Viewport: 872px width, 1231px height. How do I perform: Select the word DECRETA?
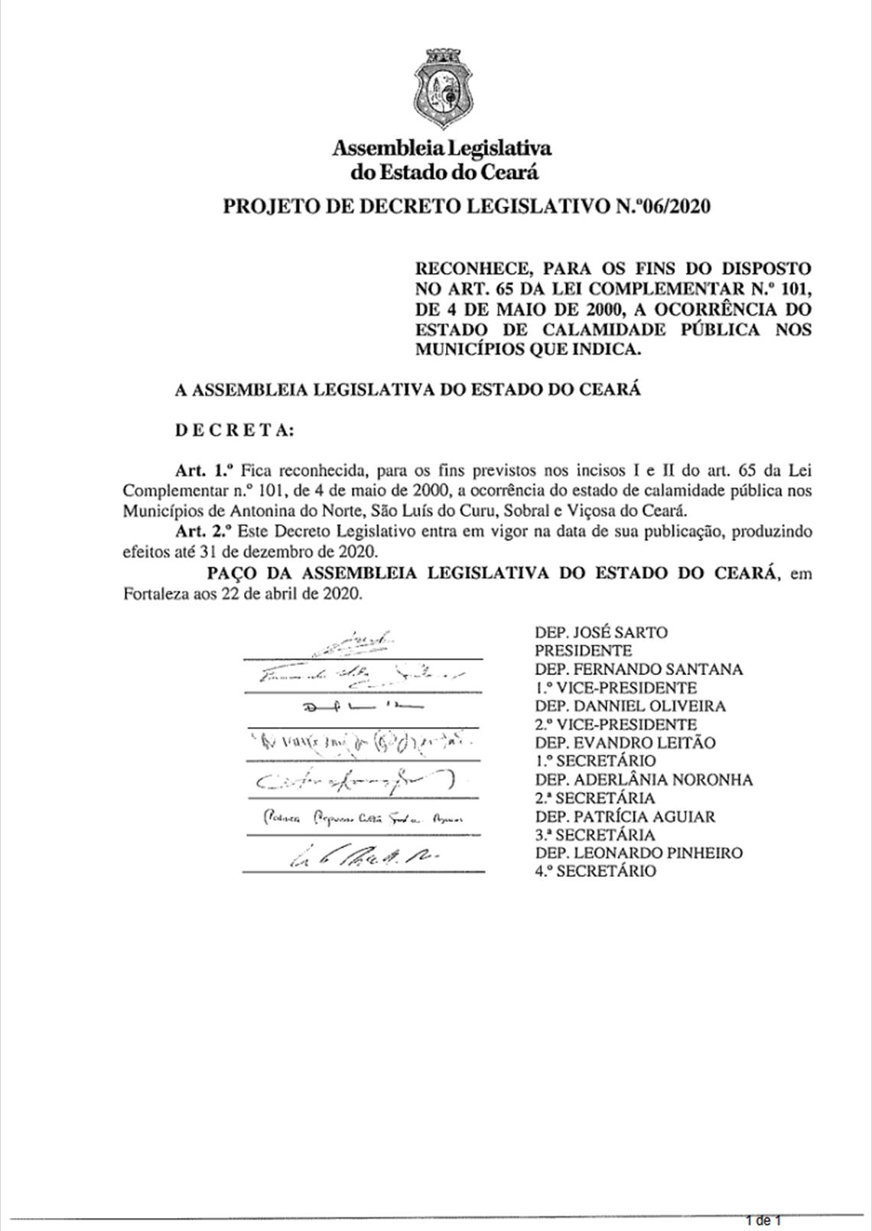click(234, 430)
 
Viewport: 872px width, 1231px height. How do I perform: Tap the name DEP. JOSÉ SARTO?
click(600, 632)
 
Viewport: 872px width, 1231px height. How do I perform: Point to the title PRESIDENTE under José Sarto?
click(583, 651)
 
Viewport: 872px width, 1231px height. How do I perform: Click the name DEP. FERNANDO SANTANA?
click(639, 669)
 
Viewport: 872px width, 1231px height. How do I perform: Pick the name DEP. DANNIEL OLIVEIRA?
click(630, 706)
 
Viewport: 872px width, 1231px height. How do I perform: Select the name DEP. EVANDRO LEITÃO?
click(625, 742)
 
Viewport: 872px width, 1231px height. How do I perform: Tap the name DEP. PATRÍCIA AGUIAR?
click(625, 817)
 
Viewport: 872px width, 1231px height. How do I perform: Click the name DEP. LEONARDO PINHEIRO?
click(639, 853)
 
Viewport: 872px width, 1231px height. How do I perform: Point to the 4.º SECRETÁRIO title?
click(595, 871)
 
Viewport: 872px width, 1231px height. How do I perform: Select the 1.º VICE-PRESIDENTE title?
click(616, 687)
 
